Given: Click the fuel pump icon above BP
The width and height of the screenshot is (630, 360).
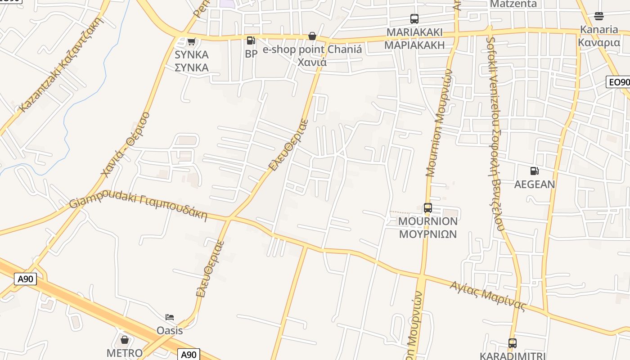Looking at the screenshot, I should tap(251, 40).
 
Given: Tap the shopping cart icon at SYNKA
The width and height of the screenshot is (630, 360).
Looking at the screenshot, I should tap(191, 42).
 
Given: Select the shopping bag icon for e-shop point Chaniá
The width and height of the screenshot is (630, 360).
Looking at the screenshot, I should tap(312, 36).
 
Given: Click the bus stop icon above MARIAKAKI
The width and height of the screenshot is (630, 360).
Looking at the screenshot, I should tap(414, 19).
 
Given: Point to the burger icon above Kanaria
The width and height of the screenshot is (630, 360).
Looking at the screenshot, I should tap(598, 16).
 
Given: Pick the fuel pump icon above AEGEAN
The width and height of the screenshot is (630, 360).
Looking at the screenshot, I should tap(535, 171).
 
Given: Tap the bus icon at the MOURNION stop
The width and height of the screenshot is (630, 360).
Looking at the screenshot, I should tap(427, 208).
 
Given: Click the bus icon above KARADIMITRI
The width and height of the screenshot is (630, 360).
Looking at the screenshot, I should tap(512, 343).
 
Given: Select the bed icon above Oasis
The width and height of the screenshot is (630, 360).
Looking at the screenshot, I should tap(170, 317).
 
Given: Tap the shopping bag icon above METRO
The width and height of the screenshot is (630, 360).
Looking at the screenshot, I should tap(125, 340).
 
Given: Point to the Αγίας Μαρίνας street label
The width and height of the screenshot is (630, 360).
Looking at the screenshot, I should tap(488, 296).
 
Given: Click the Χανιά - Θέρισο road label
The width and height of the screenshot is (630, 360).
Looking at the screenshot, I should tap(125, 144).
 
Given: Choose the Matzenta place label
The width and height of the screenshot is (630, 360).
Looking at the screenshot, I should tap(513, 4).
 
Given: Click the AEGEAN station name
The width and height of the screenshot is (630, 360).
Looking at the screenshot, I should tap(535, 184).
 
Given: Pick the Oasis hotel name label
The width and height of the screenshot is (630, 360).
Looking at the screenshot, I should tap(170, 331).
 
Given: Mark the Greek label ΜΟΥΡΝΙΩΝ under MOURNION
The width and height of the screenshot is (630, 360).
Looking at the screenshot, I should tap(427, 234).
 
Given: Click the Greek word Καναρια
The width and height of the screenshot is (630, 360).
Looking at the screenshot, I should tap(599, 43).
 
